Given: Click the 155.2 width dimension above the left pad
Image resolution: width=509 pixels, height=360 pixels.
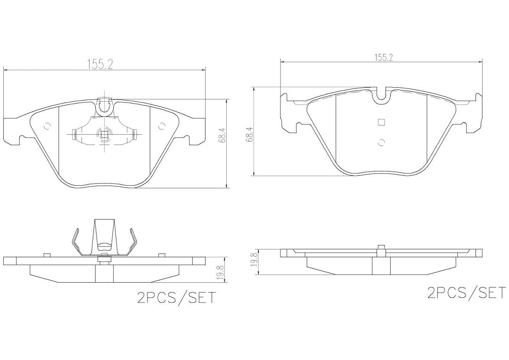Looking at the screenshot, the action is (x=99, y=65).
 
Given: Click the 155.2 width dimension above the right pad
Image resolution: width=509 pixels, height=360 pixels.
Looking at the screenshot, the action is (x=384, y=58).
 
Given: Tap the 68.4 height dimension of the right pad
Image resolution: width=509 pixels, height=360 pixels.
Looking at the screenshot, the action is (x=250, y=134).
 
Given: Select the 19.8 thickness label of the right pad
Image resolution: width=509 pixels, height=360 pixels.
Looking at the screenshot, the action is (x=255, y=260).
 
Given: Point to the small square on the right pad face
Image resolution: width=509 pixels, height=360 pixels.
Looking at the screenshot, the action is (x=381, y=122).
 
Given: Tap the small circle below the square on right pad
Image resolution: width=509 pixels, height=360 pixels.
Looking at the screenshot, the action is (x=381, y=142).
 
